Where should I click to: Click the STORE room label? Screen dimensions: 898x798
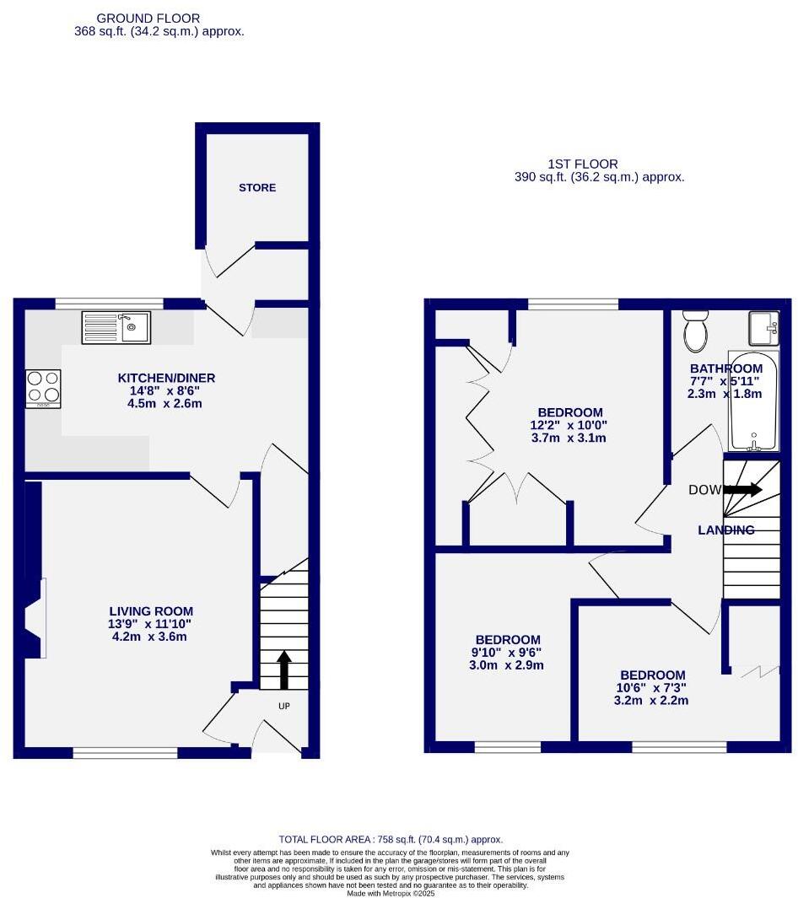(257, 187)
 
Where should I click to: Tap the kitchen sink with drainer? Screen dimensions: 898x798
(116, 327)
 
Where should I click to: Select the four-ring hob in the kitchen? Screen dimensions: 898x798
(44, 389)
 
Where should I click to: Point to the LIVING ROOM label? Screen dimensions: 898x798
(151, 611)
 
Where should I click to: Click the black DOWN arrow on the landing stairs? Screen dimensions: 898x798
(742, 490)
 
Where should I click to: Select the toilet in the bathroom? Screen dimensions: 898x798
(697, 331)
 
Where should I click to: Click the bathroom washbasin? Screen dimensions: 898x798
(764, 328)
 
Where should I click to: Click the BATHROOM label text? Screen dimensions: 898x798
(725, 368)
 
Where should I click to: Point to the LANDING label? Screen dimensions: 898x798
(725, 530)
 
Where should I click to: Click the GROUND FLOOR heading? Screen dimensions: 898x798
(148, 18)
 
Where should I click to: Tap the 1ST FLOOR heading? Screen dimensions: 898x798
(583, 164)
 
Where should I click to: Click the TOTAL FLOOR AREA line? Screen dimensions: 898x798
(391, 839)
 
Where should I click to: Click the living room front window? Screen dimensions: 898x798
(125, 752)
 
